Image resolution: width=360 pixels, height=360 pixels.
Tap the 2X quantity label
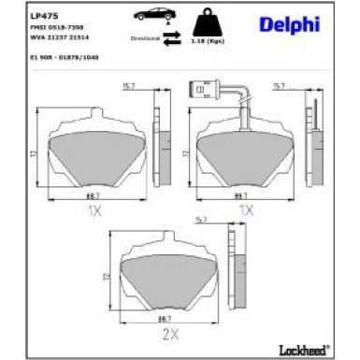(x=170, y=333)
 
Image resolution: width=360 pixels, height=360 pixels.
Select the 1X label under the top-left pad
(x=94, y=211)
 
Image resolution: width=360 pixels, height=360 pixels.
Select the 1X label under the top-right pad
(x=246, y=211)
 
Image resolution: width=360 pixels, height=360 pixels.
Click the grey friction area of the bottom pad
(x=169, y=280)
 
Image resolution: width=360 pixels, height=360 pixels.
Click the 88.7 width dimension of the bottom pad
(x=168, y=318)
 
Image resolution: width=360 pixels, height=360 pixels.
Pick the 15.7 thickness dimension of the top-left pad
(x=130, y=87)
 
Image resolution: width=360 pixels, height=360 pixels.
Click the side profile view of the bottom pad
(x=214, y=271)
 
